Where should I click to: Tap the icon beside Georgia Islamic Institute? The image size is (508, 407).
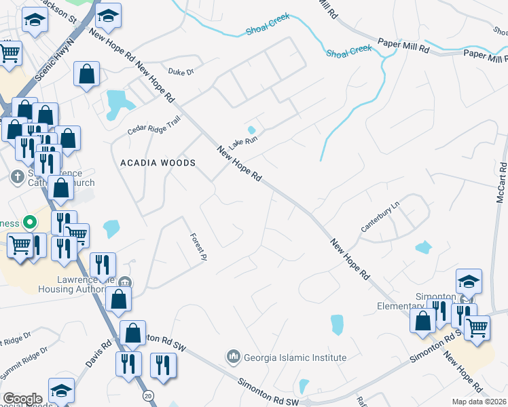coord(234,356)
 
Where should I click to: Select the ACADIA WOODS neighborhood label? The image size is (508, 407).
coord(158,163)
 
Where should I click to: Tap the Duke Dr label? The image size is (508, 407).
coord(181,71)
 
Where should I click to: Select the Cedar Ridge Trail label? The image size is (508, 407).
coord(154,126)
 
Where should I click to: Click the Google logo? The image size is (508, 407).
coord(22,398)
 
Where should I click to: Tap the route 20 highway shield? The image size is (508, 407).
coord(147,395)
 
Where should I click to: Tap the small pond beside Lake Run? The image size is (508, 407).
coord(251,130)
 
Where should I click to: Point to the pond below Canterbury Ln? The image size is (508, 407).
coord(423,247)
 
